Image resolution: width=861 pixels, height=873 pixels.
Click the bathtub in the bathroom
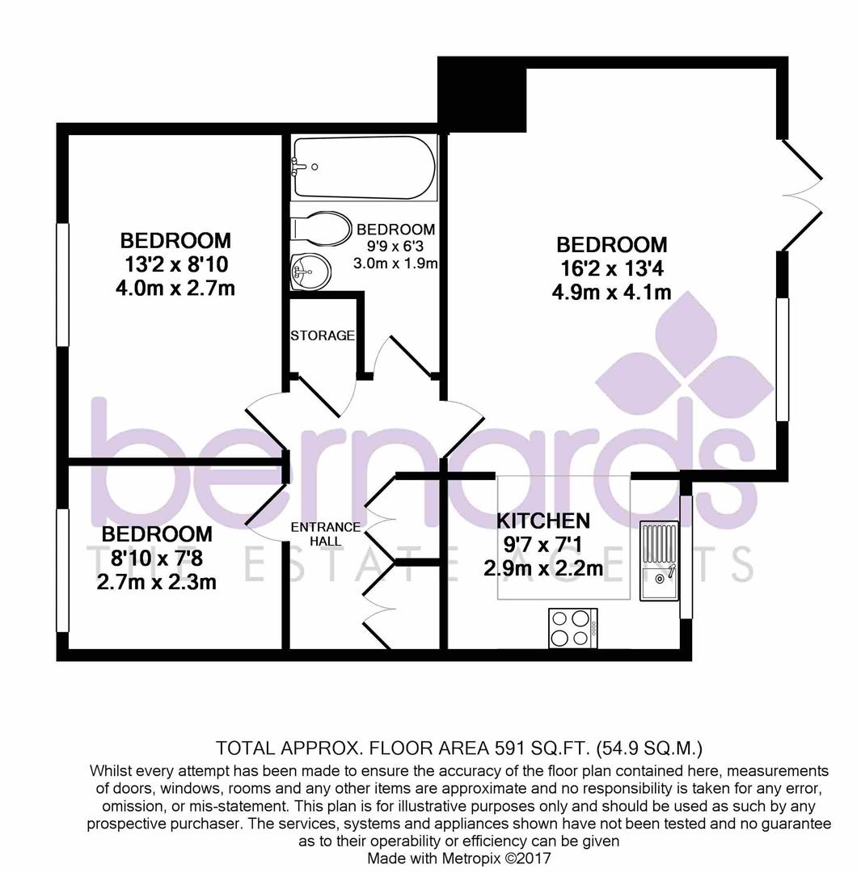[x=364, y=167]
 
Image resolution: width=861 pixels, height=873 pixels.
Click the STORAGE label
[x=323, y=335]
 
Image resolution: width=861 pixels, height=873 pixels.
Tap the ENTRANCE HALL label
[x=315, y=533]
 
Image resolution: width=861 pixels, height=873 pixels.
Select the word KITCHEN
[x=542, y=521]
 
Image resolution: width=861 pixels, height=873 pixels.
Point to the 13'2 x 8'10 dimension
[x=175, y=264]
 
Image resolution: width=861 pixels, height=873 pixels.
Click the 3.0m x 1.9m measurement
[x=395, y=264]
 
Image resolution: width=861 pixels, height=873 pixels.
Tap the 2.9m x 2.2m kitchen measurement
[x=543, y=568]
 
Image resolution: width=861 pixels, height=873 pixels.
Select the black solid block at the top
[x=482, y=95]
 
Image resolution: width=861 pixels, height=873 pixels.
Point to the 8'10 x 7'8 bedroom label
[x=157, y=558]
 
